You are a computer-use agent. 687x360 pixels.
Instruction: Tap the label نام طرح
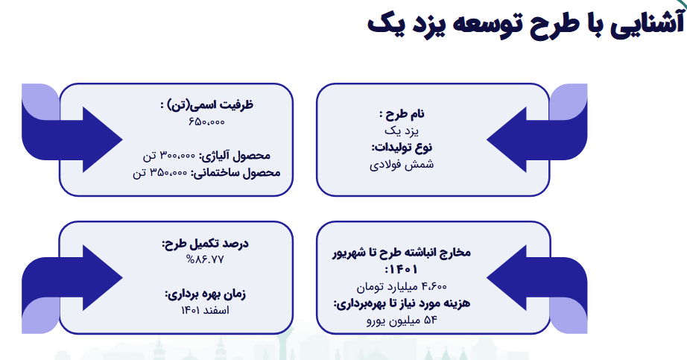(402, 114)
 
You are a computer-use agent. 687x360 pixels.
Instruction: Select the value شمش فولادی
(402, 164)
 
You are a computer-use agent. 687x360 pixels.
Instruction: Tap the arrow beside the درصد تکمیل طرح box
(82, 277)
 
